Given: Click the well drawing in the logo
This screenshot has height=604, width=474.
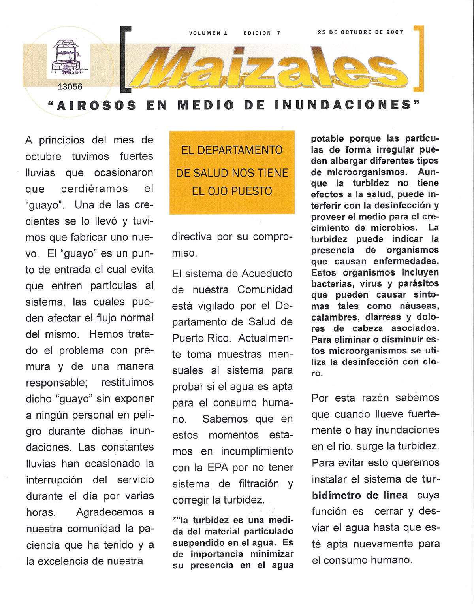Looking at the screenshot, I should tap(66, 58).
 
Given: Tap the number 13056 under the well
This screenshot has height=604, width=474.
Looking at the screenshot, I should tap(70, 87).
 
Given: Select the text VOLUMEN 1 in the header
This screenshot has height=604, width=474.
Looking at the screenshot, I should tap(208, 33).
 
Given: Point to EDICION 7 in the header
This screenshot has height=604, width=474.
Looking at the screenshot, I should tap(262, 33).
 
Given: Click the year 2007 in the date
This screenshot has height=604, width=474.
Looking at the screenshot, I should tap(395, 32).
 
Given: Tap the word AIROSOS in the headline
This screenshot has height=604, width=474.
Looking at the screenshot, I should tap(97, 106).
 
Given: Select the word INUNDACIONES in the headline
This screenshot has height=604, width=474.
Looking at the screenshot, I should tap(343, 105).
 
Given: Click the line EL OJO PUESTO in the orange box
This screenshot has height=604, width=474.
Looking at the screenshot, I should tap(232, 191).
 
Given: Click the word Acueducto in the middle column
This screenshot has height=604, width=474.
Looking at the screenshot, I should tap(267, 274).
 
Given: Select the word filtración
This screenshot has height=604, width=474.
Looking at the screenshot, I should tap(259, 484).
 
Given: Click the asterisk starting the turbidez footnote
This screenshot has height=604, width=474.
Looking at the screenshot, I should tap(174, 519).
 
